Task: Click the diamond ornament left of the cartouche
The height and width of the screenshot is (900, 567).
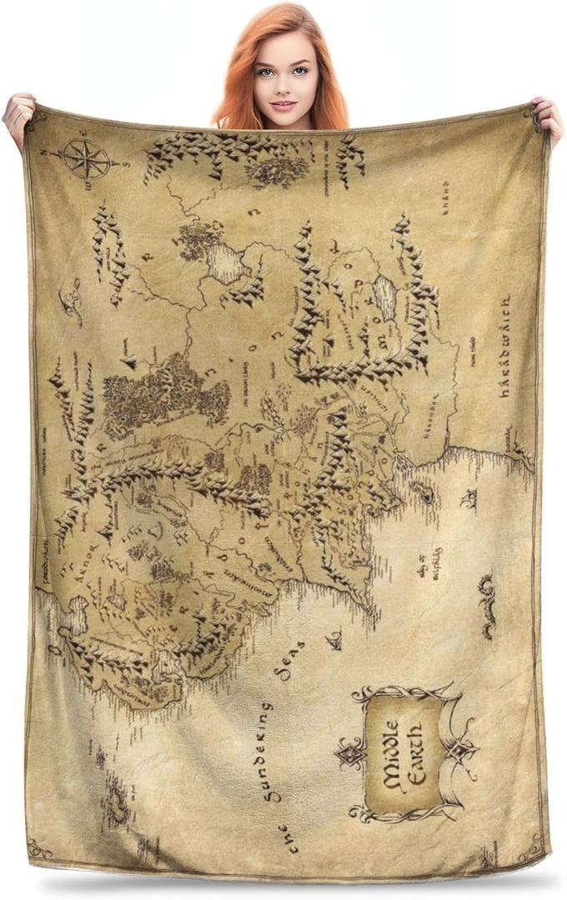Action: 349,755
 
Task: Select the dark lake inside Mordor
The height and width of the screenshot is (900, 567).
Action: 385,295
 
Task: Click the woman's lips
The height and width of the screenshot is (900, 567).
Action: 283,105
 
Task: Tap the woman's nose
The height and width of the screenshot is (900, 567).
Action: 283,88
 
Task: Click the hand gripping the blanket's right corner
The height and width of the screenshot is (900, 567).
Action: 549,117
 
